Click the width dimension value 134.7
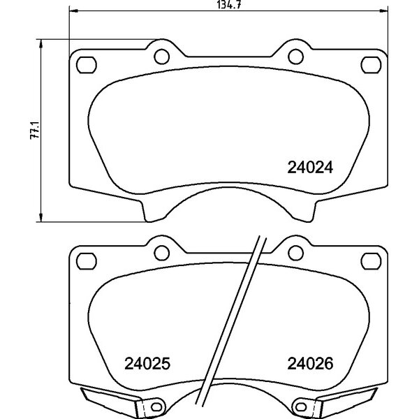(229, 5)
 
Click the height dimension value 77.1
(35, 130)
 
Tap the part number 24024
(310, 168)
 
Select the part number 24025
(147, 363)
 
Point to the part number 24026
(310, 363)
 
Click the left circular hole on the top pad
(162, 57)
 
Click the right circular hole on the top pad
(295, 57)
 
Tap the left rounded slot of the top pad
(87, 65)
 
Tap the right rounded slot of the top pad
(371, 65)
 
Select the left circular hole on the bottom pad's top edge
(162, 253)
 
